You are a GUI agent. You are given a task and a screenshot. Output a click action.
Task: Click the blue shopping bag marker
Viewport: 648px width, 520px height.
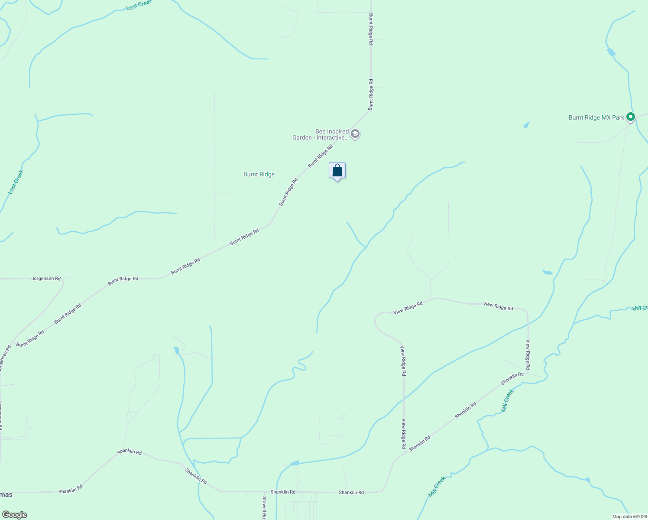tap(337, 171)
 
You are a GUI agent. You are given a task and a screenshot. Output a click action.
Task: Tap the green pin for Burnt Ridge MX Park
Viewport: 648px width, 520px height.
tap(631, 117)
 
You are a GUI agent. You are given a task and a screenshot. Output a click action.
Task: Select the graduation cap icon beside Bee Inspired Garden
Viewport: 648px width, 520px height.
tap(355, 134)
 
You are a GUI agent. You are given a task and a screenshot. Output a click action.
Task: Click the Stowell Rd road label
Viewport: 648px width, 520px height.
tap(264, 507)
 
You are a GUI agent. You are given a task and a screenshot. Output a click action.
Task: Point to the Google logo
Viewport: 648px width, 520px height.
tap(14, 515)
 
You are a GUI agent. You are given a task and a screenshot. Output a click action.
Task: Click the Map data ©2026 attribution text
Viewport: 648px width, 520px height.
tap(629, 517)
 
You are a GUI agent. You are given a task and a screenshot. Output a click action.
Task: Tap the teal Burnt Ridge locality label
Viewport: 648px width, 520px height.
tap(259, 175)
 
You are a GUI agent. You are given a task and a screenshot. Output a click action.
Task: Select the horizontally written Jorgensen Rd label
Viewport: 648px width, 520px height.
tap(46, 279)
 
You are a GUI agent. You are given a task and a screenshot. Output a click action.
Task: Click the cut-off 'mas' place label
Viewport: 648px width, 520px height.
tap(6, 495)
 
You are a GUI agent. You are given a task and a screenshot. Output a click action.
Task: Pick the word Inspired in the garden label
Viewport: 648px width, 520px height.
tap(338, 131)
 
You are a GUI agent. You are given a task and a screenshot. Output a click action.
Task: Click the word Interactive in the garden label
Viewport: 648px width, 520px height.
tap(333, 138)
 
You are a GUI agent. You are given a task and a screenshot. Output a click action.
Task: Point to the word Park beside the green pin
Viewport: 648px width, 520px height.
tap(619, 117)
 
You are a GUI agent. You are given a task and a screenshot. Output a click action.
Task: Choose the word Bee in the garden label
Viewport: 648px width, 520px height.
tap(321, 131)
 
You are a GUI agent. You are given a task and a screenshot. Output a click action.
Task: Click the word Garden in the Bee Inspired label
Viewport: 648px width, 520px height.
tap(302, 138)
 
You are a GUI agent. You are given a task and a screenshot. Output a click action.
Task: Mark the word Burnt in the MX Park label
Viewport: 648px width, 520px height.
tap(576, 117)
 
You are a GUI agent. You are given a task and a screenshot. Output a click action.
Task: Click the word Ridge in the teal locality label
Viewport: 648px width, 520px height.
tap(267, 175)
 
